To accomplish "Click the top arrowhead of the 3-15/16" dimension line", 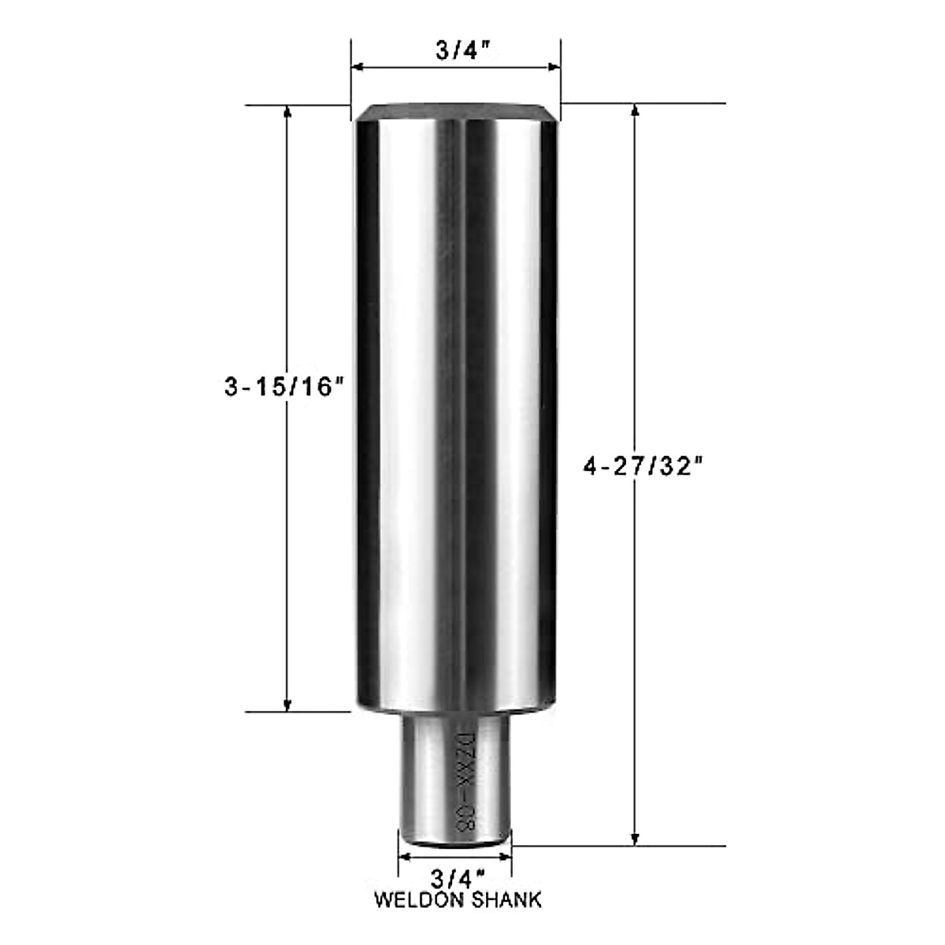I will coord(288,113).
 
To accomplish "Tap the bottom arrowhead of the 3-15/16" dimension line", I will coord(288,703).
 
